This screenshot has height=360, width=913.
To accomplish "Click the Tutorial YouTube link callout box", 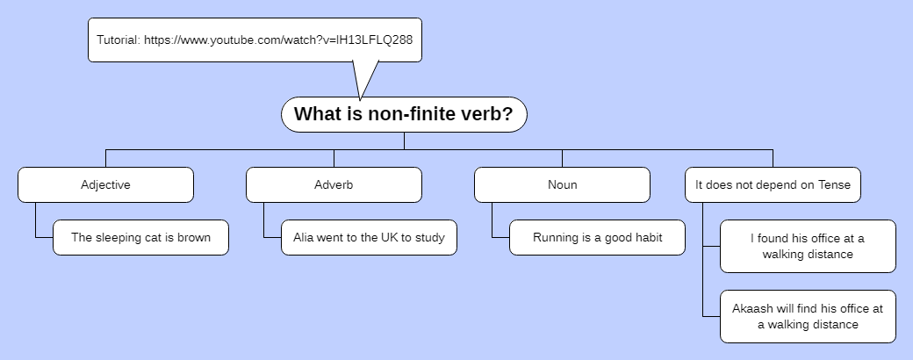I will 255,40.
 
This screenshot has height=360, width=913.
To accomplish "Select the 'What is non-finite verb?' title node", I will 404,114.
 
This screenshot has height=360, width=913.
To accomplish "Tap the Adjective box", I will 105,184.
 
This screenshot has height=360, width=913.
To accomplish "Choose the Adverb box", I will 334,184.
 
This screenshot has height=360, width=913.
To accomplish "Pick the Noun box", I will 562,184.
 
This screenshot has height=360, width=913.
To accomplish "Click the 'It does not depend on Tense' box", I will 773,184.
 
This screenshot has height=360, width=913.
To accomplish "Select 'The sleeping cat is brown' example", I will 140,237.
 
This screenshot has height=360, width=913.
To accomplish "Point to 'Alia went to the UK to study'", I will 369,237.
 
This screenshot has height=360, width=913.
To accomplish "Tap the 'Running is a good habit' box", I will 597,237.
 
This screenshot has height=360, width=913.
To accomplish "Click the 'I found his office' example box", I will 808,246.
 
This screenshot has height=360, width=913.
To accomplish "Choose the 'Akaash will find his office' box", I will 808,316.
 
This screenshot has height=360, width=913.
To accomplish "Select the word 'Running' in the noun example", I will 555,238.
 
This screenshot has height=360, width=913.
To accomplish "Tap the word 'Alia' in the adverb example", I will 305,238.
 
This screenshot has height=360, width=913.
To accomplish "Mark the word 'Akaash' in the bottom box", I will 751,308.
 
